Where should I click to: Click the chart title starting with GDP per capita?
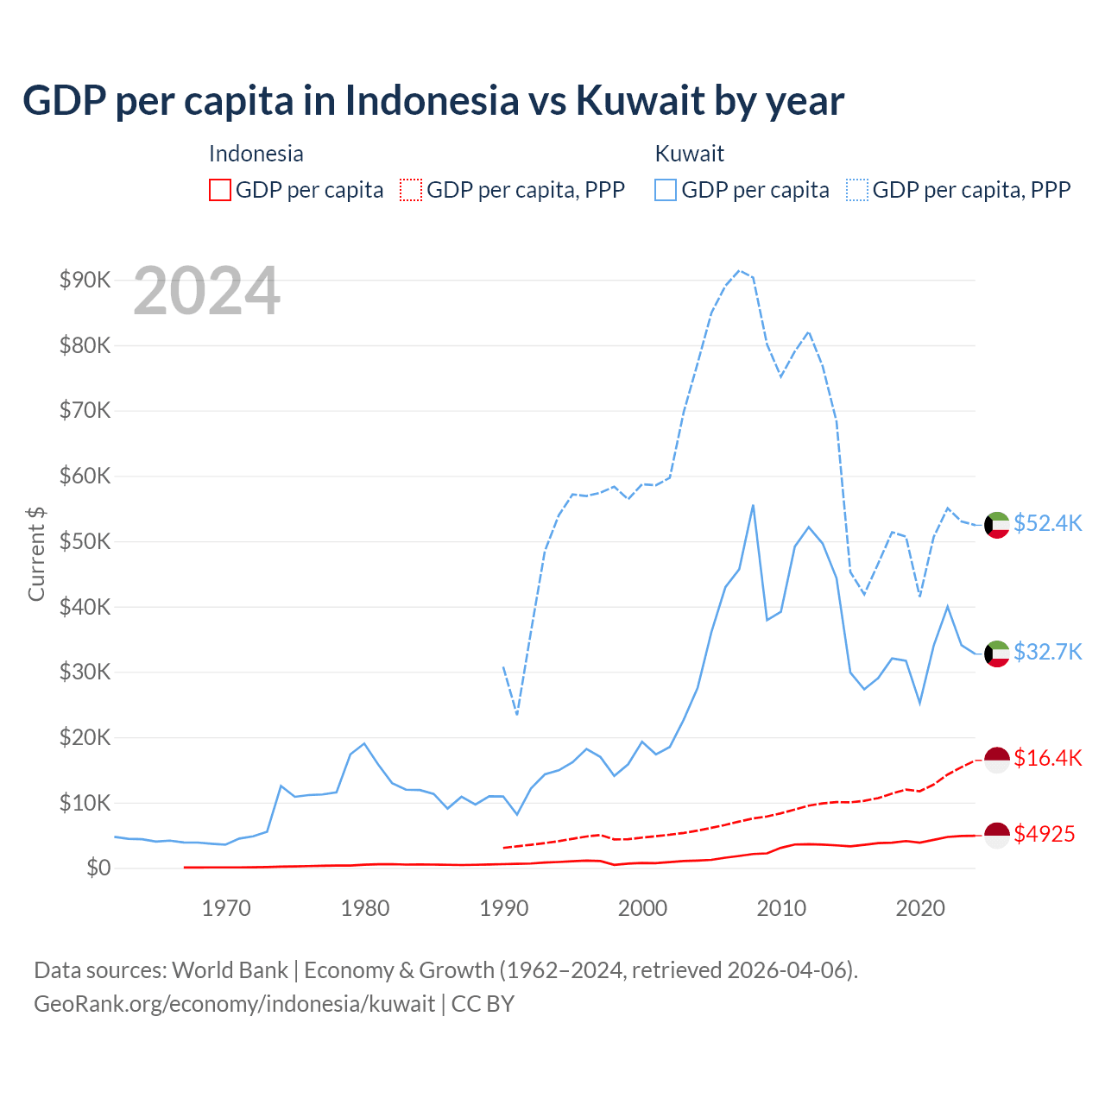433,101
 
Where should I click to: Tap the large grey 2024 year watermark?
206,291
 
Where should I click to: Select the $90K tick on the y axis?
85,280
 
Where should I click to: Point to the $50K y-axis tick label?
85,541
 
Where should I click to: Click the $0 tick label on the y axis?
98,868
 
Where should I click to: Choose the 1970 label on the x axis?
226,908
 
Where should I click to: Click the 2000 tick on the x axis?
642,908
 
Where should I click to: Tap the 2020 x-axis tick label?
920,908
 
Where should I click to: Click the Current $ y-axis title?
36,553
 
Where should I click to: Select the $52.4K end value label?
1047,524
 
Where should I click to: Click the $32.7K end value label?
1047,652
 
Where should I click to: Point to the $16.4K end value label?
1047,758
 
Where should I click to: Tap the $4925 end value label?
1044,834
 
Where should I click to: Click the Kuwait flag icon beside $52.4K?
997,525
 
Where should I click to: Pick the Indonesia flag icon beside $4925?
997,835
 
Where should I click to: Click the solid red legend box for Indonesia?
220,190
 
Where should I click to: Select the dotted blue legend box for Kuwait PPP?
857,190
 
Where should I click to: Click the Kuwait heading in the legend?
689,154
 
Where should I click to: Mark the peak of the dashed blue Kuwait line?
739,270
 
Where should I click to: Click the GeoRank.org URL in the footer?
234,1004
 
